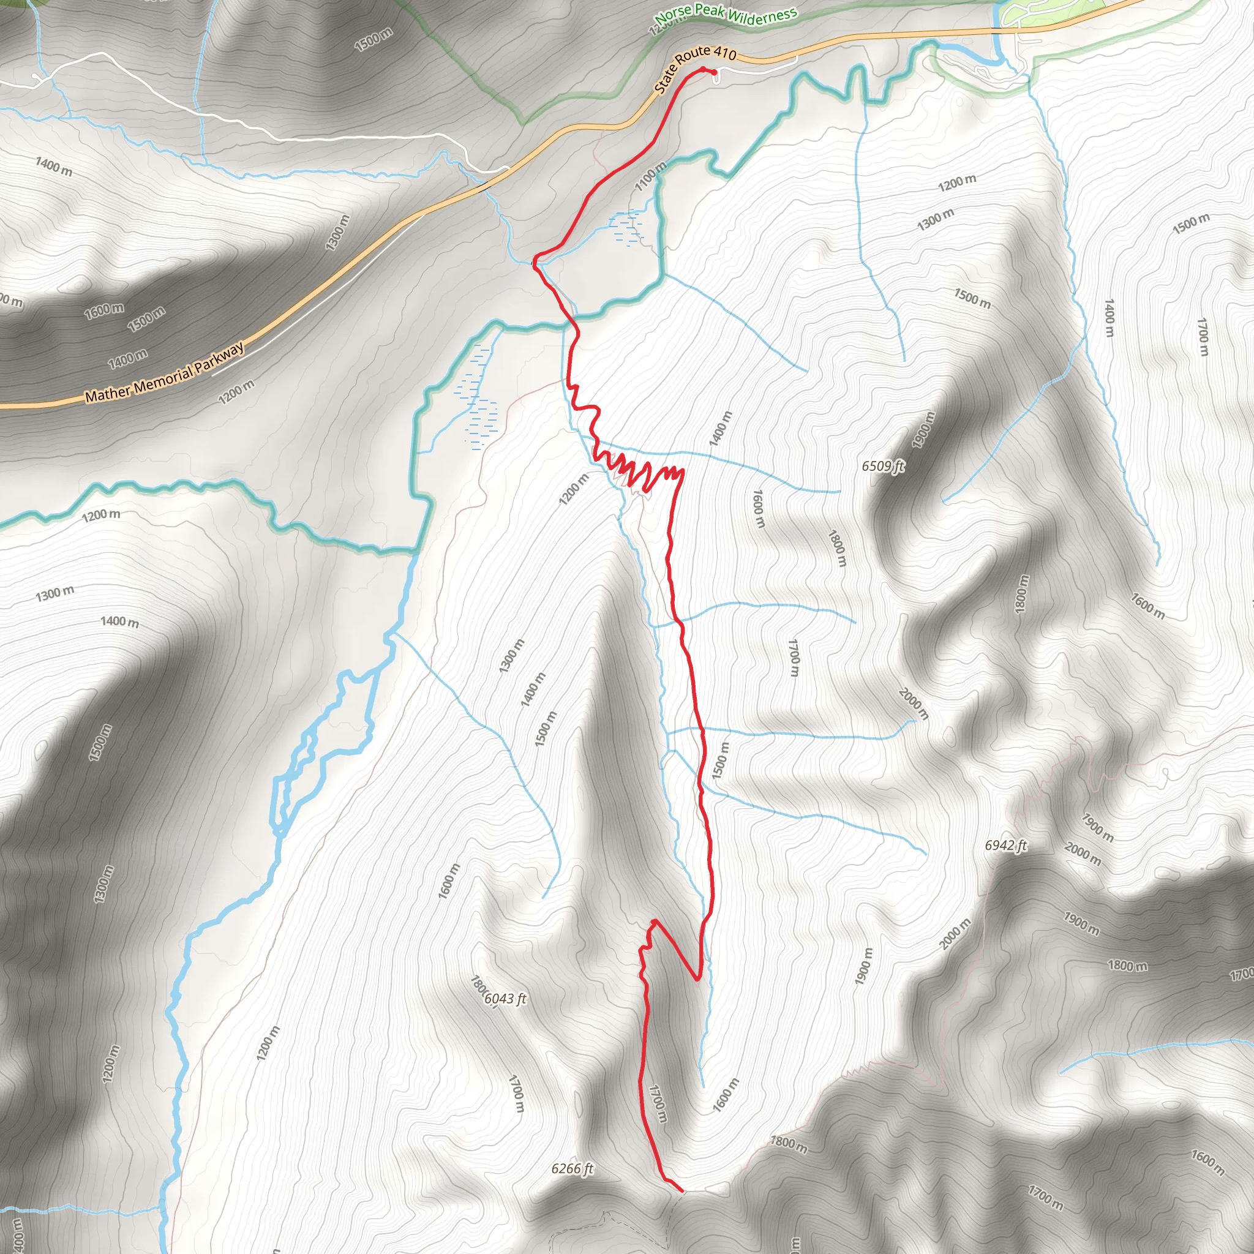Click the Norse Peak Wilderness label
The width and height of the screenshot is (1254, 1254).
click(x=725, y=13)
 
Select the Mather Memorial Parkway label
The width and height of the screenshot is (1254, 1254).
click(x=165, y=372)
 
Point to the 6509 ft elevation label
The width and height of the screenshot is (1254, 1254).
click(x=882, y=466)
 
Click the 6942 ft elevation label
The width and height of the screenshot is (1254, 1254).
click(x=1005, y=845)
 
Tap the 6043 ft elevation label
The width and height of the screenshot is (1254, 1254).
click(x=505, y=998)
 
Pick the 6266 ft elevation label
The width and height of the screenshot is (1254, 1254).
click(x=572, y=1169)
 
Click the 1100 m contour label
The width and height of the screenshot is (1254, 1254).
click(x=650, y=176)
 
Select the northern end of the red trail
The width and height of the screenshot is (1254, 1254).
click(x=714, y=72)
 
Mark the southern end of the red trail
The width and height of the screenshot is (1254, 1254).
click(x=681, y=1190)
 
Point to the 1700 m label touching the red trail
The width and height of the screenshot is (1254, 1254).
click(x=658, y=1103)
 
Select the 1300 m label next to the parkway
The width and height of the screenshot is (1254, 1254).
click(x=337, y=232)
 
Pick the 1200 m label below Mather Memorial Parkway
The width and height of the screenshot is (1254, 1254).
click(x=236, y=391)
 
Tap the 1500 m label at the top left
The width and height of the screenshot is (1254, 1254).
click(x=374, y=40)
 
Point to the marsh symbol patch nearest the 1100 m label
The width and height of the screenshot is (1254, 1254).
click(x=626, y=228)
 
